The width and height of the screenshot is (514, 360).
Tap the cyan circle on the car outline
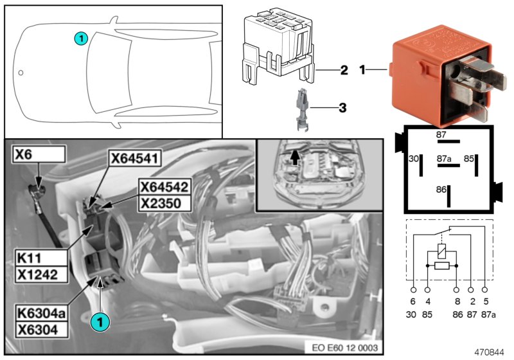coord(80,38)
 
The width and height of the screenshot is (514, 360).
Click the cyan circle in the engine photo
coord(100,318)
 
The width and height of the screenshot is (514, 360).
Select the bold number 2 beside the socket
coord(344,69)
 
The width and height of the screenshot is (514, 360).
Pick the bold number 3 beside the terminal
coord(342,107)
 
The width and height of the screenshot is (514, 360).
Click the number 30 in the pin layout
coord(414,157)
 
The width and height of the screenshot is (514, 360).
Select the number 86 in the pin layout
coord(441,190)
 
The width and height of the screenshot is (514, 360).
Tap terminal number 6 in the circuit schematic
coord(413,300)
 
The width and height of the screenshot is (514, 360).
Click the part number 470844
coord(490,352)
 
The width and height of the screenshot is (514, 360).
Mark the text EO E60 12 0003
coord(344,348)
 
